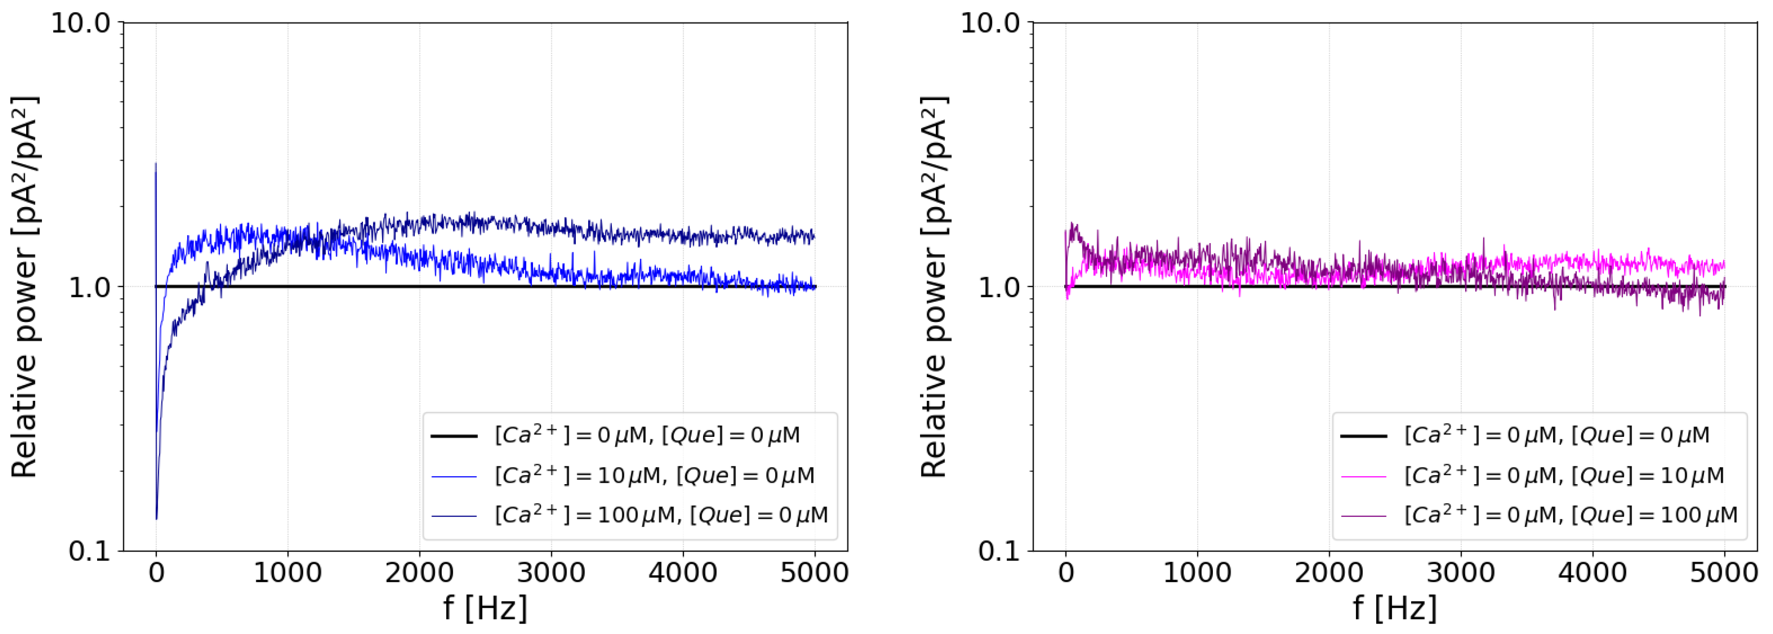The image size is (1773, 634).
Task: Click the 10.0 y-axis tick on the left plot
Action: click(x=81, y=23)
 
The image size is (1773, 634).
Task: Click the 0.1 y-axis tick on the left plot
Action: click(x=89, y=551)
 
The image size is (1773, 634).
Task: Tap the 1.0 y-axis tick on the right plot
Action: click(x=999, y=287)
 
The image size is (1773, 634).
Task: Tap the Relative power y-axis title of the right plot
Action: click(x=935, y=287)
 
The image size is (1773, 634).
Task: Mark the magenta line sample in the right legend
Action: click(x=1363, y=476)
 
